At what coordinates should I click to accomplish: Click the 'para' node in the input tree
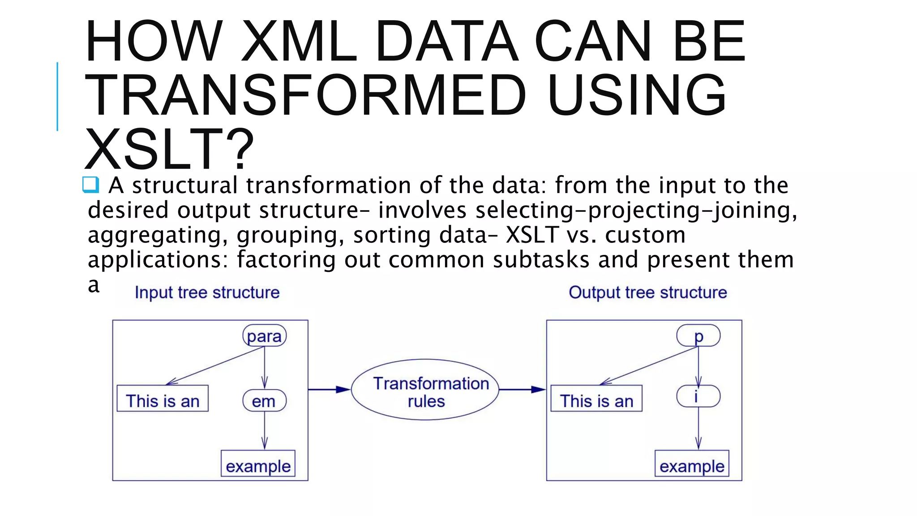pos(264,336)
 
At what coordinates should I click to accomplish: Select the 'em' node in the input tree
pos(264,401)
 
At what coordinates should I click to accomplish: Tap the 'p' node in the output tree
pos(698,336)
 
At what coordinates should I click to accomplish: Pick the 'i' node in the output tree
pos(698,396)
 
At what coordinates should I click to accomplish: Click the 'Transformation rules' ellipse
pos(425,390)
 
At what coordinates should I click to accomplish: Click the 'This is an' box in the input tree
pos(163,399)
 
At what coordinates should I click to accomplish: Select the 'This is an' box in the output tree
pos(596,399)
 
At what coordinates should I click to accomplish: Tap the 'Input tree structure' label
pos(207,292)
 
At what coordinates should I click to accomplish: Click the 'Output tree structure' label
pos(647,292)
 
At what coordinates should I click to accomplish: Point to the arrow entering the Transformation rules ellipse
pos(329,390)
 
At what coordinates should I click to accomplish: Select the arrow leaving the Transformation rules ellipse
pos(522,390)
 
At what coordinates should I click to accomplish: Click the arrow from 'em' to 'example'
pos(264,430)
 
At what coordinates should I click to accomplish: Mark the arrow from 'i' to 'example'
pos(698,428)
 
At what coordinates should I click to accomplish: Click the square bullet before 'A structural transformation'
pos(90,185)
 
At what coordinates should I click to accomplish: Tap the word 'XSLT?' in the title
pos(169,149)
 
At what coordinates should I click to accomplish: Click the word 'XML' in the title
pos(299,41)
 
